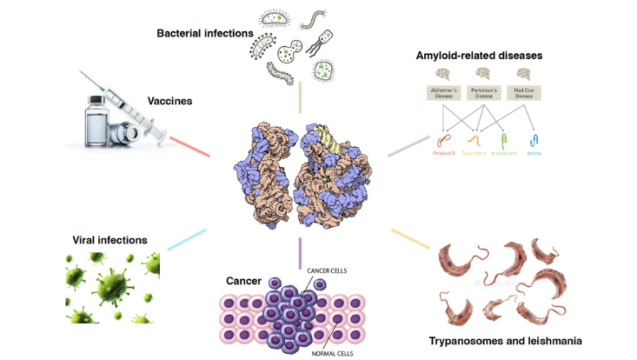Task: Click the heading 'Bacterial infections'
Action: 204,33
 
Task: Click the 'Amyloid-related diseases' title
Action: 480,55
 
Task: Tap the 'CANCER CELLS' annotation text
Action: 328,271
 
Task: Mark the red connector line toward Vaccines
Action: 189,145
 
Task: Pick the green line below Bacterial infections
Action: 298,98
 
